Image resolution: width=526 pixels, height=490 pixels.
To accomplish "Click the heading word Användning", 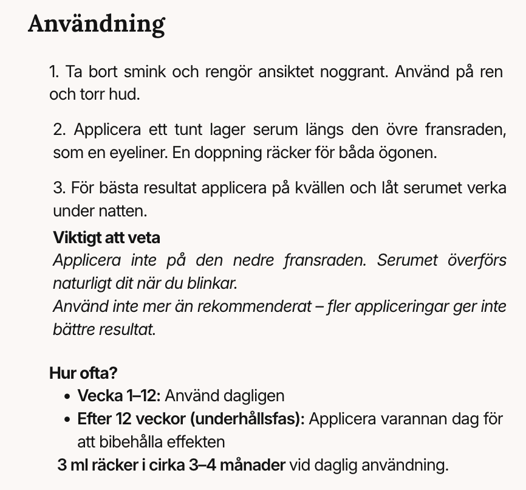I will coord(97,24).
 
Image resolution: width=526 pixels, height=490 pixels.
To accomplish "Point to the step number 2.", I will coord(58,130).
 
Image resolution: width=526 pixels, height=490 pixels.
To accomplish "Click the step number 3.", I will coord(58,188).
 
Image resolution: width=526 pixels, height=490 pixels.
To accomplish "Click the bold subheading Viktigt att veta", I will coord(106,236).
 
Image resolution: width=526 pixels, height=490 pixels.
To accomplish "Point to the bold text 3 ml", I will coord(71,466).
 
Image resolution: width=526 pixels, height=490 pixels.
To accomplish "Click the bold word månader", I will coord(252,466).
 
